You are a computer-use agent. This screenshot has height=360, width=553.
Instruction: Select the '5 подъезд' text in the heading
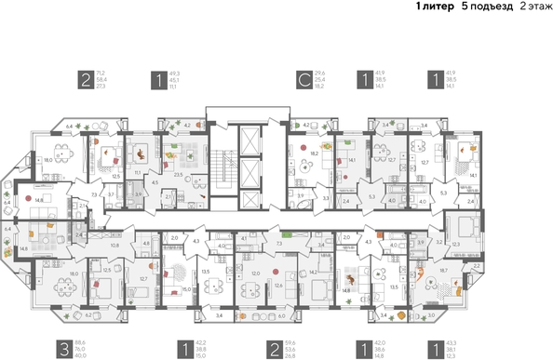[485, 7]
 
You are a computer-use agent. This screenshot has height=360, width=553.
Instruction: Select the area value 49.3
[174, 72]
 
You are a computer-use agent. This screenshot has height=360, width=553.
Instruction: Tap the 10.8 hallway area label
[115, 246]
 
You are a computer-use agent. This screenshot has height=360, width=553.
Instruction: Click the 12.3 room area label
[455, 244]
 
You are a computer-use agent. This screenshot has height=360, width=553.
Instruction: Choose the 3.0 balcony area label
[430, 316]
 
